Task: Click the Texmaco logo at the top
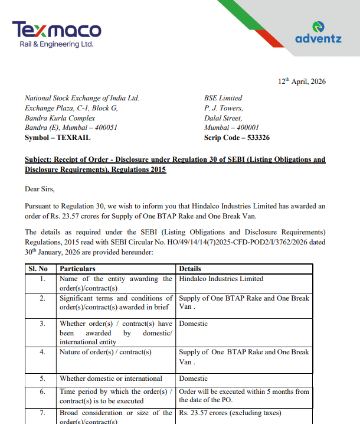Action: (57, 34)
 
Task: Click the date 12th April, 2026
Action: (302, 81)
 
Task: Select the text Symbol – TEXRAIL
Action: (57, 138)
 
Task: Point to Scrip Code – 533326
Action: (237, 138)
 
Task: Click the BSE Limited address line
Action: (223, 98)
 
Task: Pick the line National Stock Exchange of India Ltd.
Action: (82, 98)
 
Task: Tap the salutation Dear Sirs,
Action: (40, 189)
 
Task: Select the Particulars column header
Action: (77, 269)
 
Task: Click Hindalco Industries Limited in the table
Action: (221, 279)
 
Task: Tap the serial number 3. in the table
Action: (42, 324)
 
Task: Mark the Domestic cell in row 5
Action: (194, 379)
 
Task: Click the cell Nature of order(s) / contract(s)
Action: (106, 352)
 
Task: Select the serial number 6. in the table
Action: (42, 392)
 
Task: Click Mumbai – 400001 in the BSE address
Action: (231, 128)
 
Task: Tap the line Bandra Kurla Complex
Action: (60, 118)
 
